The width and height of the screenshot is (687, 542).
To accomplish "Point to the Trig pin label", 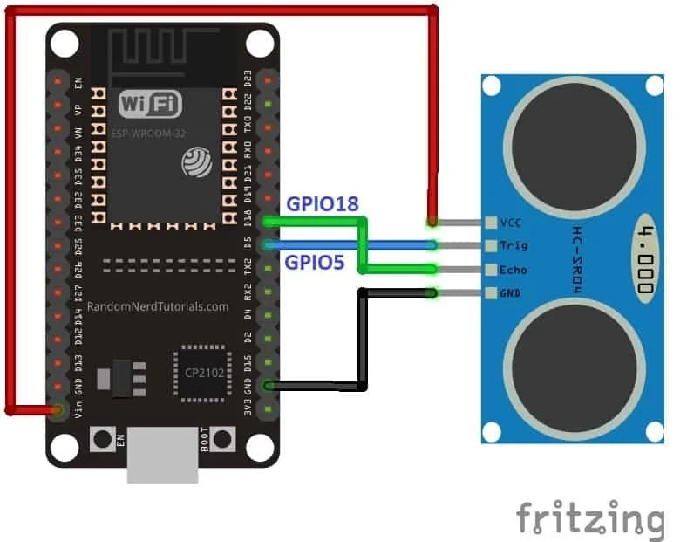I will click(515, 246).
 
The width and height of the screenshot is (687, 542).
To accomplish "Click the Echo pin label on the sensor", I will click(515, 270).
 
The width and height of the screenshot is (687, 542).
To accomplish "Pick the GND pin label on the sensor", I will click(512, 293).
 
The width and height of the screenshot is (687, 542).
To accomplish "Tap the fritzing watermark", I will click(589, 518).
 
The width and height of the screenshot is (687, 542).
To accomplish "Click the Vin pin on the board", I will click(58, 408).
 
